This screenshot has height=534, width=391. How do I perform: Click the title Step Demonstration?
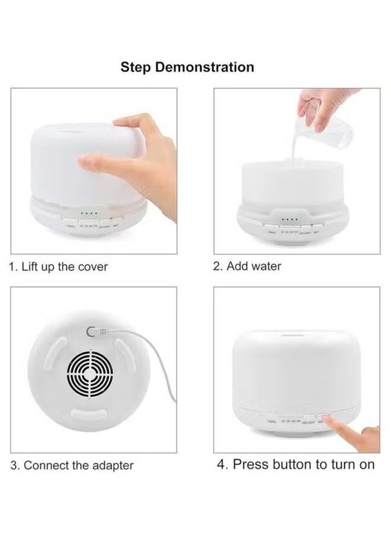[187, 67]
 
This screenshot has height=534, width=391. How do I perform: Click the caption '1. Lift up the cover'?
[59, 266]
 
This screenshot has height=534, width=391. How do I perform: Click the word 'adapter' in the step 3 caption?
[113, 465]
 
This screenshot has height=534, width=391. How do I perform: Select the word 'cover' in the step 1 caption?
[94, 266]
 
